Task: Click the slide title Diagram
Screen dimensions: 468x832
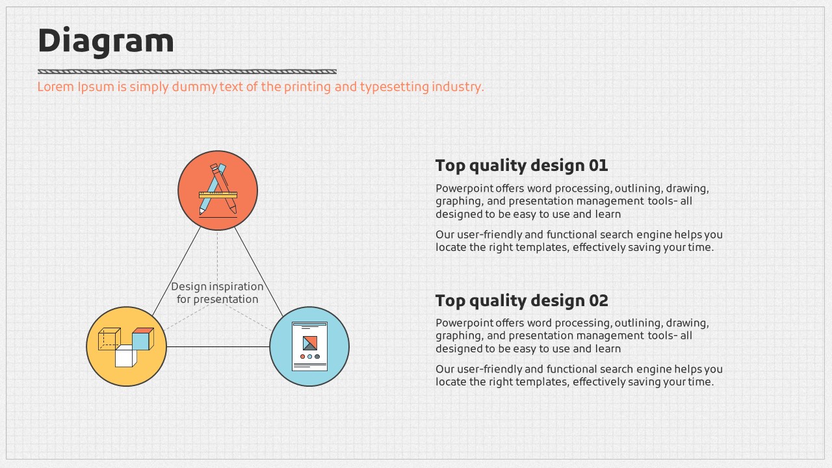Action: pos(106,41)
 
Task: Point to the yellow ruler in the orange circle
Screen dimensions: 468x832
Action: pos(218,194)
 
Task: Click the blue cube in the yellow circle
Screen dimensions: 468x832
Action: pos(142,340)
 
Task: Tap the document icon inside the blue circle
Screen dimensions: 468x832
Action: pos(309,346)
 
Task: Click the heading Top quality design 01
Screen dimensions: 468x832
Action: pos(521,166)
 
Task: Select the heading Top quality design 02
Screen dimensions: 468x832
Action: pos(521,301)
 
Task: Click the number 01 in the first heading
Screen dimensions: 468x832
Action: pos(598,166)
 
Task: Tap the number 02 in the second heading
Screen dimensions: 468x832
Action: pos(598,301)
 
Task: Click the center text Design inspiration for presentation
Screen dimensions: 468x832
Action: pos(217,292)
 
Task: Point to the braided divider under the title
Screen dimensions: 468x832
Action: pos(187,71)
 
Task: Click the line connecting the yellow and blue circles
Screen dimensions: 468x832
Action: pos(218,346)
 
